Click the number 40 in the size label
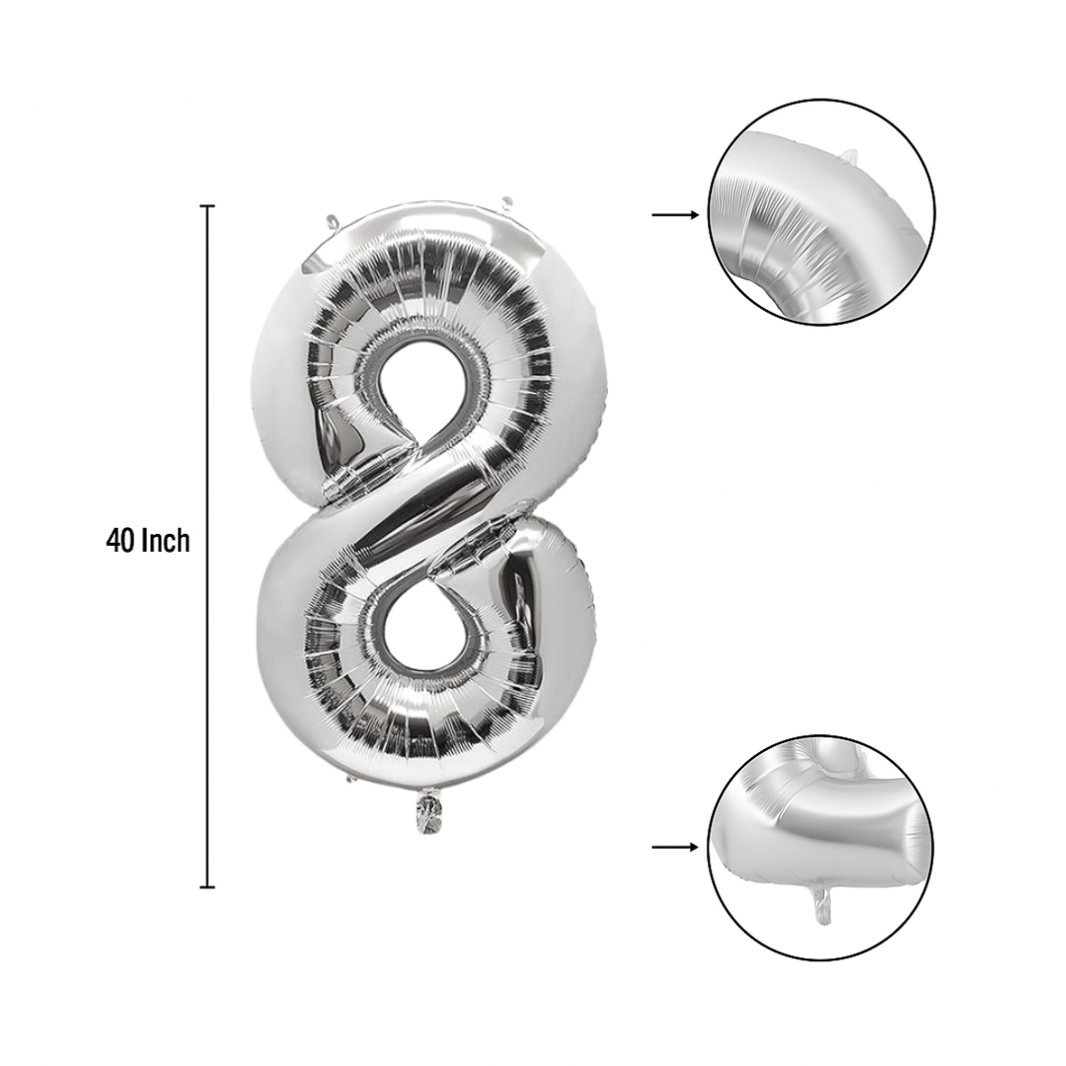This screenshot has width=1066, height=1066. [121, 541]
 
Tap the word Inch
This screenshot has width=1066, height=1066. [166, 541]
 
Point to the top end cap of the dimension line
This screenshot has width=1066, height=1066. [207, 205]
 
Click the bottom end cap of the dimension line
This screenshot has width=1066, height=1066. [207, 886]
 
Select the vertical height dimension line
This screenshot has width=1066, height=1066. [207, 546]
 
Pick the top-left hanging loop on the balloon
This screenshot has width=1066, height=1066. [331, 222]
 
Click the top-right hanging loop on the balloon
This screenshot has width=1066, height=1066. [507, 203]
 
